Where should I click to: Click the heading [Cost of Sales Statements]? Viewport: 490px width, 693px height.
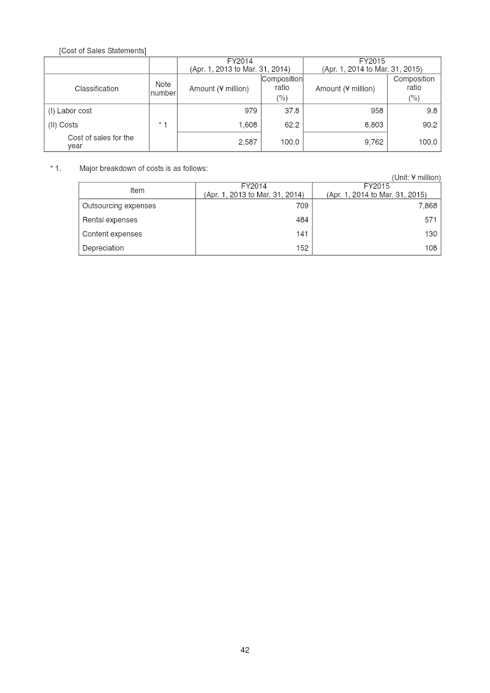(102, 50)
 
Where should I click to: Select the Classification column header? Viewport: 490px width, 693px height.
(97, 89)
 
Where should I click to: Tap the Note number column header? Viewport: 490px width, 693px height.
(163, 89)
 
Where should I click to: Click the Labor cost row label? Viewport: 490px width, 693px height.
(70, 111)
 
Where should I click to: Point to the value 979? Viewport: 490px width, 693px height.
(251, 111)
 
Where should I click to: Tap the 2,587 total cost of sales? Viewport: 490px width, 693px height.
(247, 142)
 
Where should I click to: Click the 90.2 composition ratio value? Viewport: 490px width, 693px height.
(427, 125)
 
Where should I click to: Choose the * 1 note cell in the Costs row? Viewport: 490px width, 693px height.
(163, 125)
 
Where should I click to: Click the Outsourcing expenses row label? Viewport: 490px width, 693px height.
(119, 206)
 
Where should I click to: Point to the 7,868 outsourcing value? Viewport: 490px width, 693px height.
(426, 206)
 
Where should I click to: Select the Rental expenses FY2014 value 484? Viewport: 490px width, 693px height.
(302, 220)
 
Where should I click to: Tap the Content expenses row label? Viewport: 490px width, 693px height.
(112, 234)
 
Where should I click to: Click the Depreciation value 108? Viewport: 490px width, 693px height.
(431, 248)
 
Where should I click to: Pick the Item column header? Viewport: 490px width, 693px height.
(137, 191)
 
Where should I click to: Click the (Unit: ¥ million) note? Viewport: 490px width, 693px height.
(416, 178)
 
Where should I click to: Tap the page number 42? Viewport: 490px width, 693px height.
(245, 650)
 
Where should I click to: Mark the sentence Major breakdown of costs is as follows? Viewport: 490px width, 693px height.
(143, 169)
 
